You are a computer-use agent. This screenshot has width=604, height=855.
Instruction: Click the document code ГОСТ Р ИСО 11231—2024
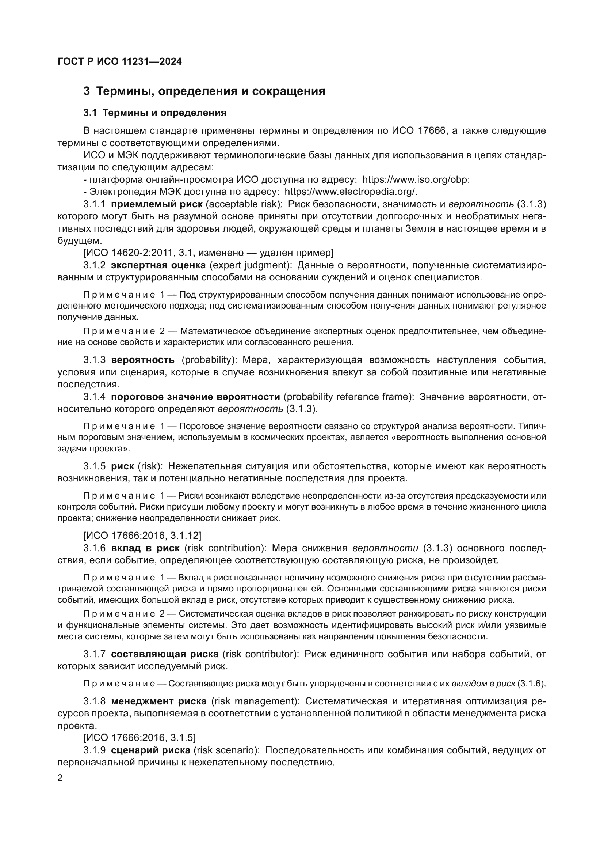click(119, 62)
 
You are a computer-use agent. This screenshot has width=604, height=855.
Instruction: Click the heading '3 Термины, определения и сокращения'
click(204, 91)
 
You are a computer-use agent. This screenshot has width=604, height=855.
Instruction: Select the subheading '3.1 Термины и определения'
click(155, 113)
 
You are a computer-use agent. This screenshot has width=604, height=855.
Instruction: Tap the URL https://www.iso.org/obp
click(416, 179)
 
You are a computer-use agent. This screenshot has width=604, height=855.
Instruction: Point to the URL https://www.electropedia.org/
click(350, 192)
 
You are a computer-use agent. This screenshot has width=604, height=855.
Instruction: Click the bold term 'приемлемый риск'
click(157, 204)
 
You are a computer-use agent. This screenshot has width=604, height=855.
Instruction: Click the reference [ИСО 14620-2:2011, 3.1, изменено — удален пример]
click(208, 253)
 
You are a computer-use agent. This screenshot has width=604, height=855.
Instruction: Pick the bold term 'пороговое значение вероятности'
click(195, 397)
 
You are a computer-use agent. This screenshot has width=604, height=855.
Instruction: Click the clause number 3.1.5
click(95, 466)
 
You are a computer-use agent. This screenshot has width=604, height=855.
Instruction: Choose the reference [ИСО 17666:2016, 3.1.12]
click(142, 536)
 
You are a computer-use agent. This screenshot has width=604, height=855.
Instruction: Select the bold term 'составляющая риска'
click(165, 654)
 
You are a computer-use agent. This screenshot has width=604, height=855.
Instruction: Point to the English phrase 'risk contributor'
click(260, 654)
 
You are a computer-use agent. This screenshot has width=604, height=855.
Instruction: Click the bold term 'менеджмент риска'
click(159, 701)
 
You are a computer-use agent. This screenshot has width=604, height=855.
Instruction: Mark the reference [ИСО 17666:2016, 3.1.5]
click(139, 737)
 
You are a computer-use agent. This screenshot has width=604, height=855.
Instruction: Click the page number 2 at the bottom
click(60, 778)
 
